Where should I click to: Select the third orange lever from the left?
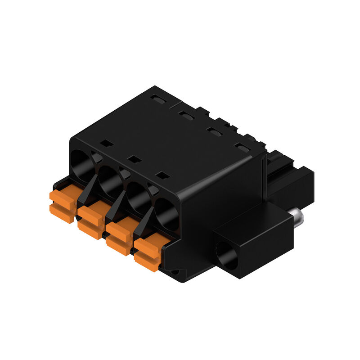point(120,234)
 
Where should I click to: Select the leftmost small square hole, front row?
point(106,143)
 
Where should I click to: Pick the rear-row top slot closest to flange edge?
point(242,148)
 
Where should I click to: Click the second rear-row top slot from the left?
point(184,115)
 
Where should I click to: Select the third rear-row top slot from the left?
point(213,131)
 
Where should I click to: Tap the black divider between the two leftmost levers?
point(87,191)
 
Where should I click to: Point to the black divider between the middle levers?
point(115,207)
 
